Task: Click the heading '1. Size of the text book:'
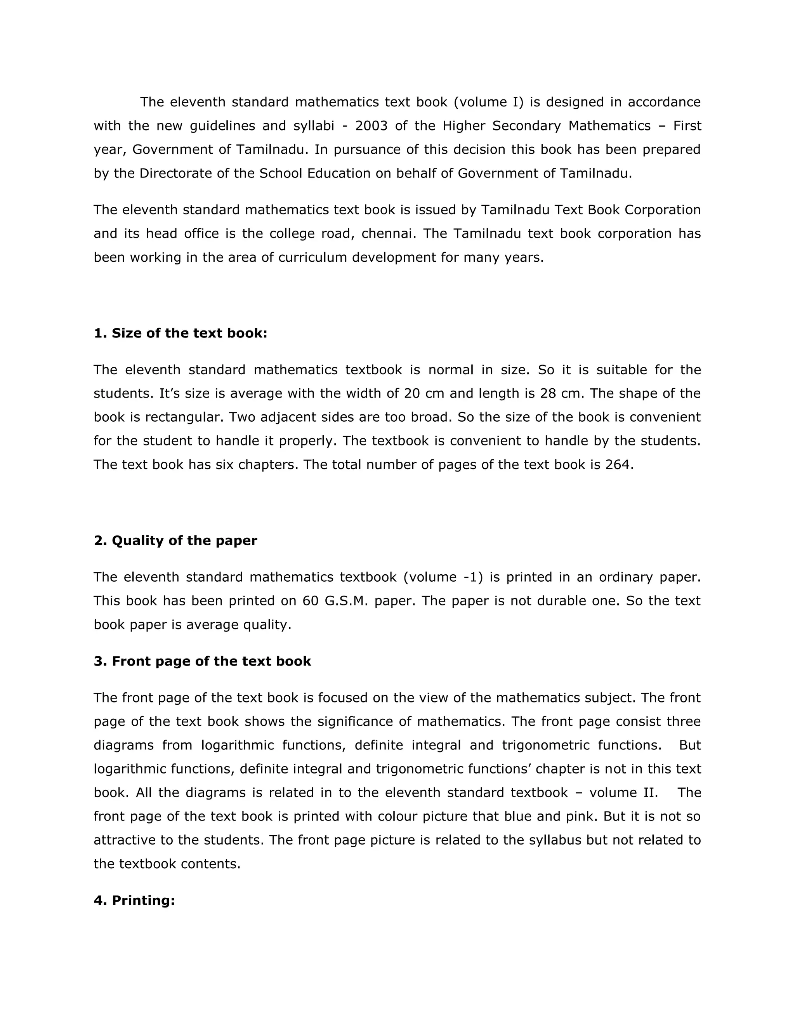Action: point(181,333)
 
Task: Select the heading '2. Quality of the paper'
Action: point(175,541)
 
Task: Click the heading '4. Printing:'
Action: point(134,900)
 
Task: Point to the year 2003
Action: point(372,126)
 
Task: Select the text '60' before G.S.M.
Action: point(311,601)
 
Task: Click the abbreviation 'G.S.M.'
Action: point(346,601)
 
